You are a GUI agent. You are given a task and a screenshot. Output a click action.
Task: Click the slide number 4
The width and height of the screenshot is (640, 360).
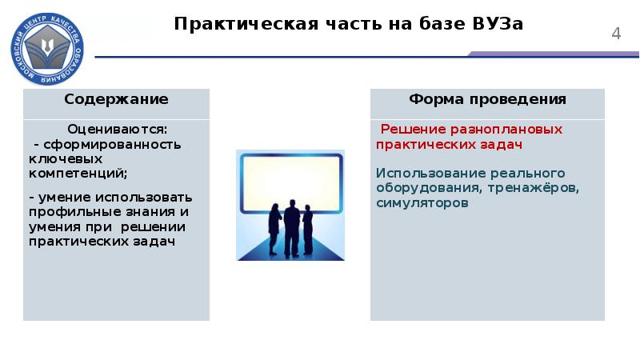pyautogui.click(x=616, y=34)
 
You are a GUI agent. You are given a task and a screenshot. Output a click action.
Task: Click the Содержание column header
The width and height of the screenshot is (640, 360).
pyautogui.click(x=116, y=100)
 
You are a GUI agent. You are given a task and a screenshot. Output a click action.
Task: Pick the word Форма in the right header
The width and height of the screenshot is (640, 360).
pyautogui.click(x=435, y=100)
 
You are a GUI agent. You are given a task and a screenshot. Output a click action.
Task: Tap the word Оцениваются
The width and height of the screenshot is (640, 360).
pyautogui.click(x=117, y=129)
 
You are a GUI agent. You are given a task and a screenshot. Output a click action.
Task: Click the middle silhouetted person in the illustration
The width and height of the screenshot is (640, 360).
pyautogui.click(x=293, y=228)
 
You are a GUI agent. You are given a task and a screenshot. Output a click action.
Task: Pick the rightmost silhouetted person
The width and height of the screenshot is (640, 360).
pyautogui.click(x=309, y=231)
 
